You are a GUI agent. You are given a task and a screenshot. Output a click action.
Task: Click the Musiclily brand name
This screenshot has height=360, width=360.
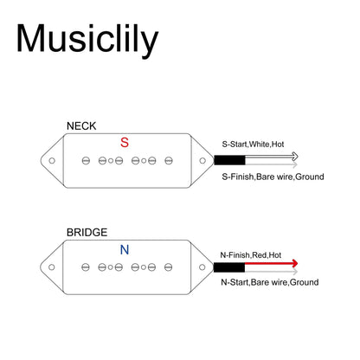(87, 40)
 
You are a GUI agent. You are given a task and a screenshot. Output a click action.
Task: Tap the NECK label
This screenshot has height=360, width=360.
(81, 126)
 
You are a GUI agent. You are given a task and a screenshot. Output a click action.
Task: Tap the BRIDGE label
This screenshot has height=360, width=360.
(87, 233)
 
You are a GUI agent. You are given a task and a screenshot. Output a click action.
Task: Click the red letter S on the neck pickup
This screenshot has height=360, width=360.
(125, 142)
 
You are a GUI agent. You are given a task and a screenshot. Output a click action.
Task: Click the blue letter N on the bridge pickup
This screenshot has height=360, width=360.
(125, 249)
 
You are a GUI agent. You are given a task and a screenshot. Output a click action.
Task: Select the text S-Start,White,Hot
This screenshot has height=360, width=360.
(253, 144)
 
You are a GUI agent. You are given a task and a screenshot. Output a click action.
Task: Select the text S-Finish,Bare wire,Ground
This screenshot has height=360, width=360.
(273, 177)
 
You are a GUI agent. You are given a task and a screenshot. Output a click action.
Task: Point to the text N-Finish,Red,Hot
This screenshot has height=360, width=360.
(251, 255)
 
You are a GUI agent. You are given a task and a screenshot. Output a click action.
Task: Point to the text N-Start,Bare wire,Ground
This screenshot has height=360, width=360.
(270, 282)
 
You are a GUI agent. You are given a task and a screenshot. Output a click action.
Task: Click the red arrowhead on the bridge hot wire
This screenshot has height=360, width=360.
(295, 263)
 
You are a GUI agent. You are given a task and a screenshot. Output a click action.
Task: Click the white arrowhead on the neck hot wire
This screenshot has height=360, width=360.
(295, 157)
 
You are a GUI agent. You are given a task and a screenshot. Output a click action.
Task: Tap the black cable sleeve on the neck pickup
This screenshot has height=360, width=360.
(229, 160)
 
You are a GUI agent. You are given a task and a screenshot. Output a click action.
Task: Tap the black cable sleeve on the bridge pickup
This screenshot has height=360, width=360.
(229, 267)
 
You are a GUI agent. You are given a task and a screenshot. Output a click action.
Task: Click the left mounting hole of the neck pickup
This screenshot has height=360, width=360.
(52, 161)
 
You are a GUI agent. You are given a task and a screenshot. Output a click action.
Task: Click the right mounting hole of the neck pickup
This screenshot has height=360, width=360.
(202, 161)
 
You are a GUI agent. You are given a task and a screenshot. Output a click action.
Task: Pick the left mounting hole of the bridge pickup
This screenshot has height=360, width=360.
(52, 267)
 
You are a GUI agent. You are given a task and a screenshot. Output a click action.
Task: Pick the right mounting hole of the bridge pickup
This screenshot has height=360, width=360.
(202, 267)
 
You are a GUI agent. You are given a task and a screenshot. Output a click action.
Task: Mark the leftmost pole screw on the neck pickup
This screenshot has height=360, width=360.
(86, 161)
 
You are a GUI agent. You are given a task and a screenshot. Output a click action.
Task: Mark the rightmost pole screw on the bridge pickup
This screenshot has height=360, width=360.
(169, 267)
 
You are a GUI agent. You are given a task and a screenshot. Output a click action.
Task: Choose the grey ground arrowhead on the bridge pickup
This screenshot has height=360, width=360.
(295, 272)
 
